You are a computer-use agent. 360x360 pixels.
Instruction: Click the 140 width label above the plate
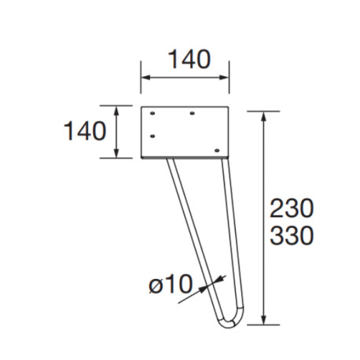[186, 60]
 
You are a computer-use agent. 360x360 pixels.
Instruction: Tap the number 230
[292, 208]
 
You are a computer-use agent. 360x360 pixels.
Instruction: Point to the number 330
[292, 235]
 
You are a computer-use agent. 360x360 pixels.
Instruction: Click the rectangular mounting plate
[186, 132]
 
